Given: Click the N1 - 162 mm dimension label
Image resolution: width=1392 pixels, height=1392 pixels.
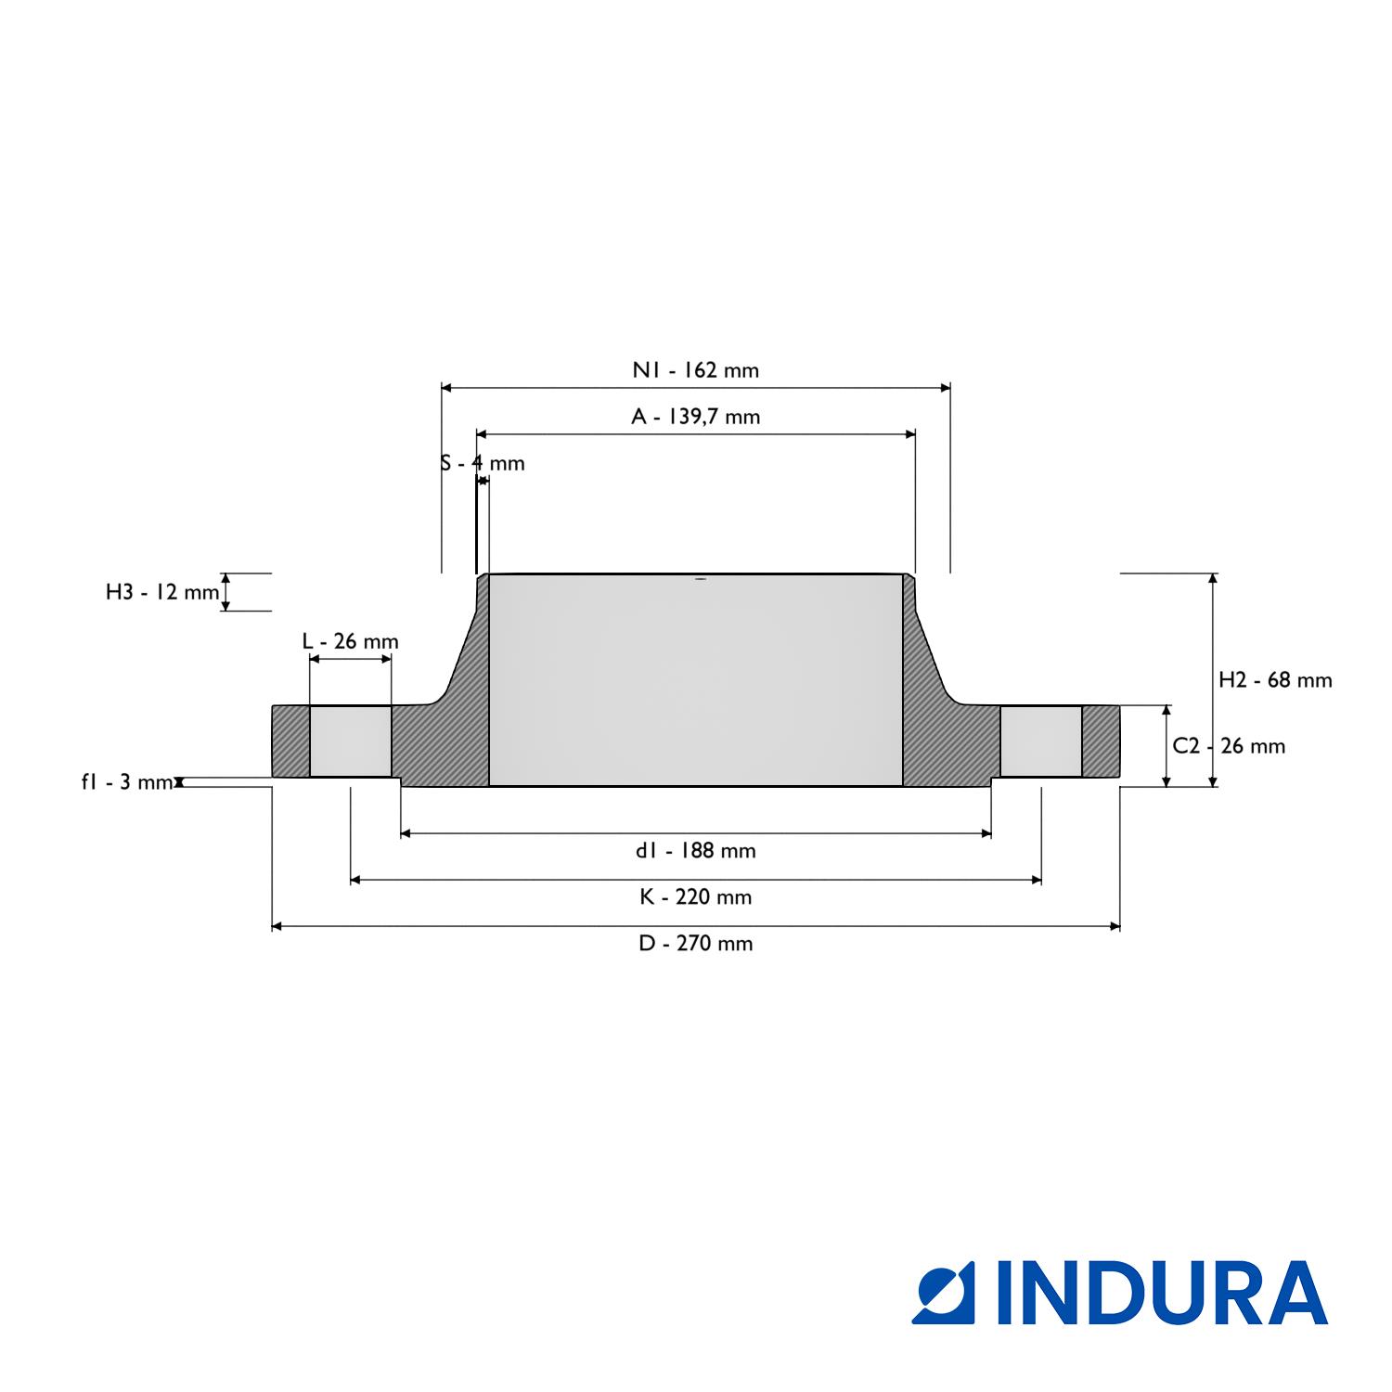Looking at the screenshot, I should pos(696,370).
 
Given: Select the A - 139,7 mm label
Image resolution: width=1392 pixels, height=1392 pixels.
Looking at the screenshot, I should pos(696,417).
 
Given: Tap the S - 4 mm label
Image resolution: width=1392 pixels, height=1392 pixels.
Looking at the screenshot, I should pos(483,463).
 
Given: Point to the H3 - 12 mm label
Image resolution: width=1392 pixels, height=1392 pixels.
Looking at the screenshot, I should pos(162,592).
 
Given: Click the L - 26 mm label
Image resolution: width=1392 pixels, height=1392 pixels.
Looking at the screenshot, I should pos(351,641).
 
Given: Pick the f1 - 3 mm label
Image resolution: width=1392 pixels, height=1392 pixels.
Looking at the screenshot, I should pos(127,782).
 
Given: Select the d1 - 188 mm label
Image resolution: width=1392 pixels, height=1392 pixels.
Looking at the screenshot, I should pos(696,850).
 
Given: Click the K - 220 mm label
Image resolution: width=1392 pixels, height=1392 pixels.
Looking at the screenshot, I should pos(696,896).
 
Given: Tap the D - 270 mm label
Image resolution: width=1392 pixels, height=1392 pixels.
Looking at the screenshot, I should pos(696,944).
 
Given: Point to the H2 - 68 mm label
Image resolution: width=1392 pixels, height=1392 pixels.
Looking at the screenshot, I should pos(1275,680).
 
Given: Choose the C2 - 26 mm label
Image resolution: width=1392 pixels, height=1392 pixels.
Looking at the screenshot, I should pos(1229,746).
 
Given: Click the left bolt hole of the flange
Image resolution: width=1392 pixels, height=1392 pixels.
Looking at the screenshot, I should pos(351,741).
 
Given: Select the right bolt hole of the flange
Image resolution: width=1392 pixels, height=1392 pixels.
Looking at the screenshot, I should pos(1041,741).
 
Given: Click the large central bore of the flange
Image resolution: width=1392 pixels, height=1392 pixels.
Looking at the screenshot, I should pos(696,680).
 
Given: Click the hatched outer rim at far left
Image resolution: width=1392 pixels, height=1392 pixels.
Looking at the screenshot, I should pos(290,741).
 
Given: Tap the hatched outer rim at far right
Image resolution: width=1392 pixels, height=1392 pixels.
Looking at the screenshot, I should pos(1102,741).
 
